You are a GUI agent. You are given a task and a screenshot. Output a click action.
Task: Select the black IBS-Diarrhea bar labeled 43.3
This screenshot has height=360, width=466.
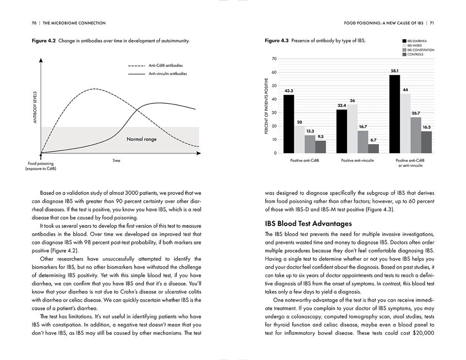click(289, 123)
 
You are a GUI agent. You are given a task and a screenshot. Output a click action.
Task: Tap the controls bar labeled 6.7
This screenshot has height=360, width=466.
click(374, 148)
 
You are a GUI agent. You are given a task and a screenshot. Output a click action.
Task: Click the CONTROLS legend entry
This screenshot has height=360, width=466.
click(415, 54)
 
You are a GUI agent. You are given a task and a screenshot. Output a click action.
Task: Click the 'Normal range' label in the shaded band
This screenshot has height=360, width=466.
click(142, 139)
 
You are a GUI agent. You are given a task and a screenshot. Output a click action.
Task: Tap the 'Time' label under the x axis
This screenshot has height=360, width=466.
click(116, 161)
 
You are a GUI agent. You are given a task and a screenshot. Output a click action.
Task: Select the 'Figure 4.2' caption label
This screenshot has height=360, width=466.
click(43, 41)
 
